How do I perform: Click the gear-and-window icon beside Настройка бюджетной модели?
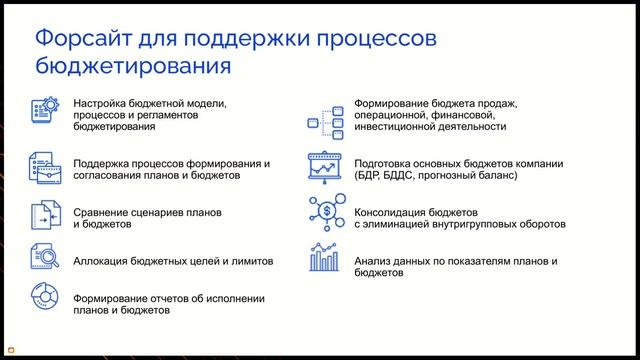(x=44, y=112)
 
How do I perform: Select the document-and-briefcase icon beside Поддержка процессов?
(x=44, y=166)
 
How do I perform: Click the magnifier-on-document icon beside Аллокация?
(x=44, y=260)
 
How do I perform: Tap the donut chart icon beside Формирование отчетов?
(x=44, y=303)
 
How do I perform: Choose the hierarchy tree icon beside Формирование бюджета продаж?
(x=325, y=116)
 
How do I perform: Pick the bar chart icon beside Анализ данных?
(x=324, y=259)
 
